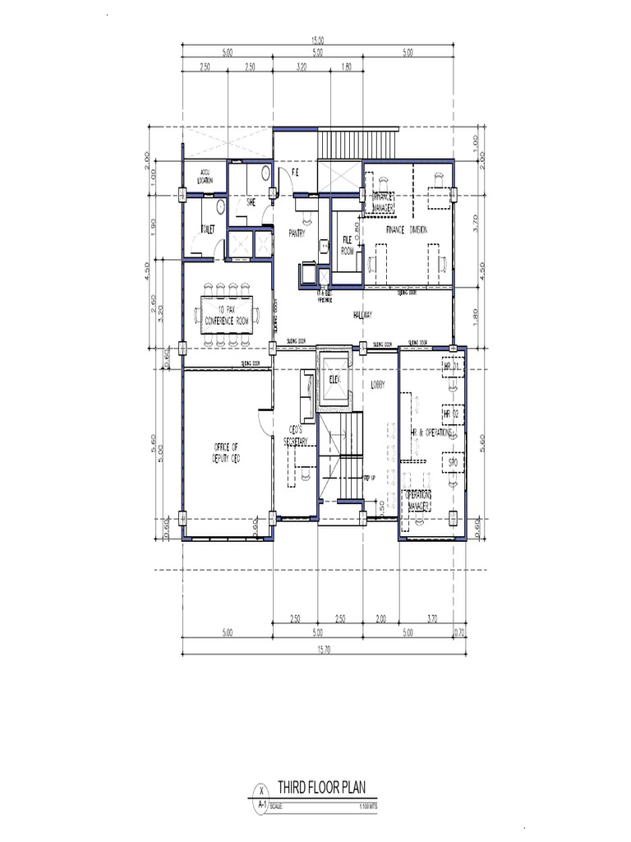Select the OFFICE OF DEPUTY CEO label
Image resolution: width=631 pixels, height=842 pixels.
[225, 452]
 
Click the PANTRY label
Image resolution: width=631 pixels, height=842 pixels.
[297, 234]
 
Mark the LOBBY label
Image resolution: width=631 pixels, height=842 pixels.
[377, 384]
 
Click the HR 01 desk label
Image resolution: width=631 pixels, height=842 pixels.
[450, 365]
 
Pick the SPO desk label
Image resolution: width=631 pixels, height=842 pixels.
[452, 464]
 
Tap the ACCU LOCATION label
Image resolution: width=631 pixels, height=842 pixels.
[205, 176]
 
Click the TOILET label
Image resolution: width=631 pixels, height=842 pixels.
[207, 231]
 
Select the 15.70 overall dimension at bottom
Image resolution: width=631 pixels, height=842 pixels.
[318, 650]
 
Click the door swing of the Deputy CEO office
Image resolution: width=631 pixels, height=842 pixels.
[262, 421]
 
